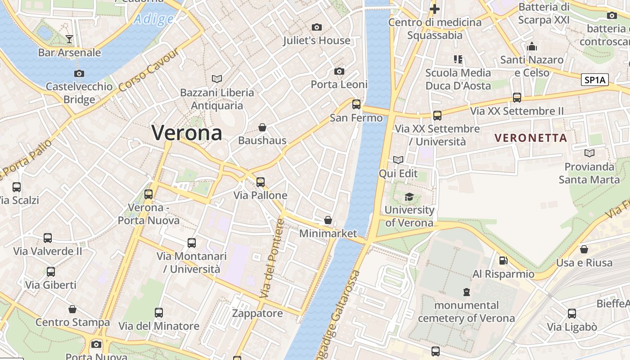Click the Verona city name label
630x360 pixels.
187,133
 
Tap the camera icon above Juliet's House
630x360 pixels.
317,27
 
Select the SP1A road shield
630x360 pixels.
594,80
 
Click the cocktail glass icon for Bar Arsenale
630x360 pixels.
69,39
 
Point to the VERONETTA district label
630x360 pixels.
531,138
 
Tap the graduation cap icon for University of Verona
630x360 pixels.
409,197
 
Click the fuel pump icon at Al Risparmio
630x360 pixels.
503,261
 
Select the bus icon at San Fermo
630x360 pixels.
356,104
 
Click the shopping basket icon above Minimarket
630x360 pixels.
328,220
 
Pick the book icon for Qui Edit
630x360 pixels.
398,160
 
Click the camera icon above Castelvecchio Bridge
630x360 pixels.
79,73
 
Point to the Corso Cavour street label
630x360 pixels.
148,70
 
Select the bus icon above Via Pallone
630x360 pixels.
260,182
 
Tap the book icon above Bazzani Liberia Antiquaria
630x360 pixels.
217,79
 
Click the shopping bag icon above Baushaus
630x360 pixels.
262,127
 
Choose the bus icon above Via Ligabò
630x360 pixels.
571,314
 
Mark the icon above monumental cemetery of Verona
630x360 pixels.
466,292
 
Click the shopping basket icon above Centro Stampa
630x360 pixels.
72,309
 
